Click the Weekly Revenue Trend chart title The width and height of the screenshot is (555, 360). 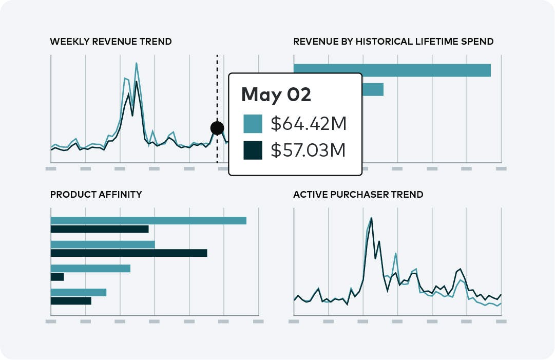coord(110,42)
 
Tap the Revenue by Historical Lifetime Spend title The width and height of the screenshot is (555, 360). coord(393,42)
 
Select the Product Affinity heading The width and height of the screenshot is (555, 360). coord(96,195)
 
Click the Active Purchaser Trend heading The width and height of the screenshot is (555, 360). coord(358,195)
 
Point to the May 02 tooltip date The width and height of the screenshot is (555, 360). coord(276,94)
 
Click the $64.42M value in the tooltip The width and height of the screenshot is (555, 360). coord(309,124)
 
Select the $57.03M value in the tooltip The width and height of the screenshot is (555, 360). coord(308,150)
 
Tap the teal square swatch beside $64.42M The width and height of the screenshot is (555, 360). coord(253,124)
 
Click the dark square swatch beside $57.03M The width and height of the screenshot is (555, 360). coord(253,150)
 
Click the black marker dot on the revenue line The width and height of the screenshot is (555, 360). coord(217,128)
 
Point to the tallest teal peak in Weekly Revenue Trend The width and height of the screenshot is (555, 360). coord(137,64)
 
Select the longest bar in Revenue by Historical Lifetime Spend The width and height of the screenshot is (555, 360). coord(392,70)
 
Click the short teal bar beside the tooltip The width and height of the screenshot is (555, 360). coord(373,89)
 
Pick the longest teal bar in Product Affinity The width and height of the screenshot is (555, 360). coord(148,220)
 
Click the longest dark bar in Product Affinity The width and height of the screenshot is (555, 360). coord(129,253)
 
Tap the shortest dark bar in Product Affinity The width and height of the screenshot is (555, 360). coord(58,277)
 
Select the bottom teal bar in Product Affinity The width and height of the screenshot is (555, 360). coord(79,292)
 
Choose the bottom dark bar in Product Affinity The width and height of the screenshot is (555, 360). coord(71,301)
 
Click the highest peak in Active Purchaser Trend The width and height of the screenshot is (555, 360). coord(371,218)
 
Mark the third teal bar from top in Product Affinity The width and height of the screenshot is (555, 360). coord(90,268)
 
